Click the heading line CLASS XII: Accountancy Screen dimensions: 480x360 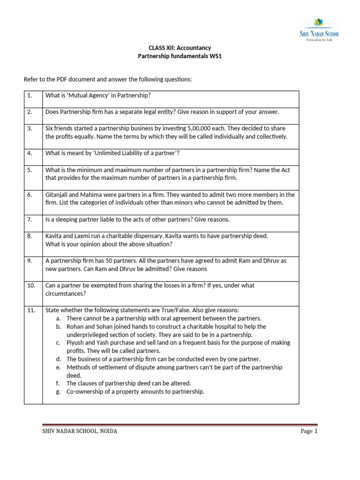[180, 48]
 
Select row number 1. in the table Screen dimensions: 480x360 [30, 96]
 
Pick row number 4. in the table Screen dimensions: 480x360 [30, 153]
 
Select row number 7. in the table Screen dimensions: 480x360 [30, 219]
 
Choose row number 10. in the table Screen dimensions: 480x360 [31, 285]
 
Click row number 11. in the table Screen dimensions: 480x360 [31, 310]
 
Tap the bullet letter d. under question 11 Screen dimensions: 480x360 [59, 359]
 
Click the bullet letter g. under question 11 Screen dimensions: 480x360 [59, 392]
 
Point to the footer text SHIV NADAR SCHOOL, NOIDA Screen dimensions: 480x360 [80, 431]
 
